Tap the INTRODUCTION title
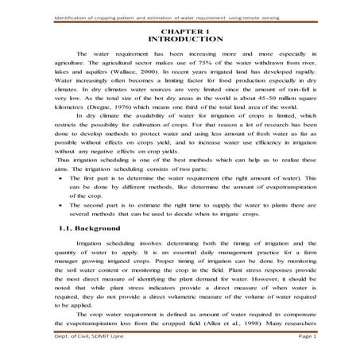pos(180,37)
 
